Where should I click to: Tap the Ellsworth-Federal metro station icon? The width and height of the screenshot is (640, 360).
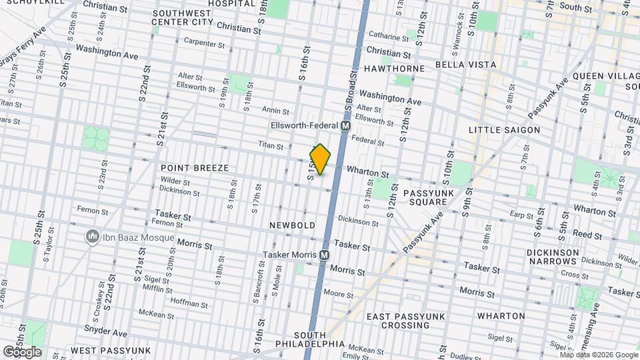click(346, 125)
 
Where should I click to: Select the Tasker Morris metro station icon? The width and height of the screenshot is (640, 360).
click(325, 255)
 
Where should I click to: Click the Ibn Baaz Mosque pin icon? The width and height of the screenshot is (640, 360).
click(91, 237)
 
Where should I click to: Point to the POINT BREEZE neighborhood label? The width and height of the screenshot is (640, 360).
click(195, 168)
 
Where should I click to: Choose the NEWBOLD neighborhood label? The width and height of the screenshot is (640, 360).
click(292, 225)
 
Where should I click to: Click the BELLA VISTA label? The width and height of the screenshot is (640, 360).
click(465, 65)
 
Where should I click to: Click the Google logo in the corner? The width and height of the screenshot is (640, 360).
click(22, 351)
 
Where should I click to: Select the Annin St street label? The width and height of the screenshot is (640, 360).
click(275, 111)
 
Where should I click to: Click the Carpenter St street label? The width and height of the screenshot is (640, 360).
click(205, 43)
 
